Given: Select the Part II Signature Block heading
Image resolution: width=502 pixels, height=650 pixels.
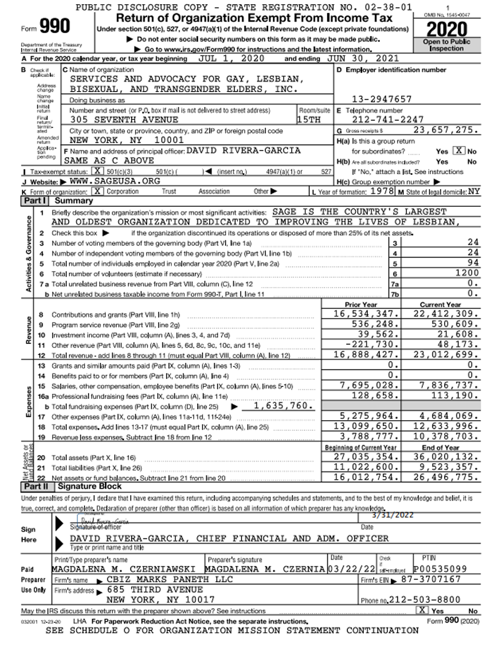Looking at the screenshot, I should [88, 486].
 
